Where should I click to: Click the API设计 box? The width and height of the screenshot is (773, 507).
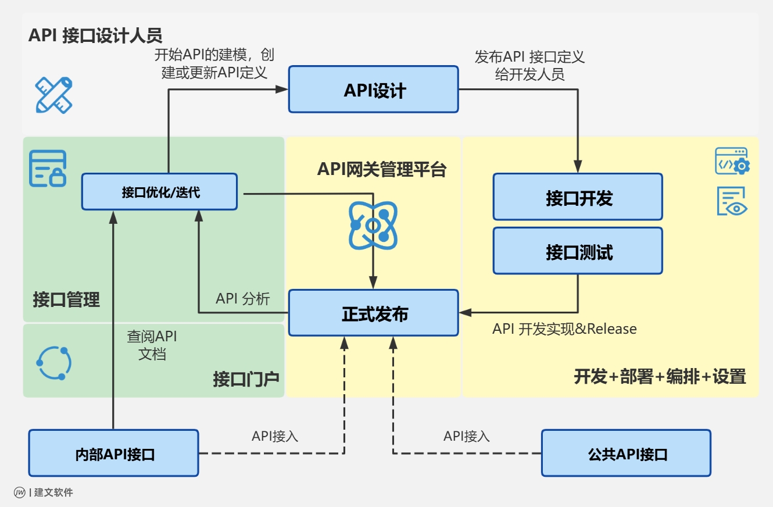pyautogui.click(x=374, y=90)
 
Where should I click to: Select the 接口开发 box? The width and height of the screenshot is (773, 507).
pyautogui.click(x=578, y=197)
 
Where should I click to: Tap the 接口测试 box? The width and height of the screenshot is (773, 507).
pyautogui.click(x=578, y=251)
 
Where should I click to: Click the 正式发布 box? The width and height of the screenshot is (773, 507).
pyautogui.click(x=374, y=313)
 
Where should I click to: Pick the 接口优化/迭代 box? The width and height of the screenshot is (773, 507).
pyautogui.click(x=159, y=191)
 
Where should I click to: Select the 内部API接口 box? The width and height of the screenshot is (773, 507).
pyautogui.click(x=114, y=454)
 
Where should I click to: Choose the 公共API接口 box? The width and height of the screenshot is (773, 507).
pyautogui.click(x=626, y=454)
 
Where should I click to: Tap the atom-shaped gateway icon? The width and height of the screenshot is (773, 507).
pyautogui.click(x=373, y=226)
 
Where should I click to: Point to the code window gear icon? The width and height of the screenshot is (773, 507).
pyautogui.click(x=732, y=161)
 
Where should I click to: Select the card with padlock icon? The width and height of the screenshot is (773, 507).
pyautogui.click(x=48, y=169)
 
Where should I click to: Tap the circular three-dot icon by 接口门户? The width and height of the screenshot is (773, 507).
pyautogui.click(x=54, y=363)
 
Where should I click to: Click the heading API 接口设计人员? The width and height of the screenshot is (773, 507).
pyautogui.click(x=95, y=35)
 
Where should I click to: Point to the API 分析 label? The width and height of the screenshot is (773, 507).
pyautogui.click(x=243, y=299)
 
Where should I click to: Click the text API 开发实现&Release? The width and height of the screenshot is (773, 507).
pyautogui.click(x=564, y=329)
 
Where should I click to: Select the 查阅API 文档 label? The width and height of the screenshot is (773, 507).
pyautogui.click(x=152, y=345)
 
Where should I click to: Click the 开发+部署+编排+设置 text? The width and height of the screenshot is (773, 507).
pyautogui.click(x=660, y=377)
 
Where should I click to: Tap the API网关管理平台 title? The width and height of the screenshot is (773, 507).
pyautogui.click(x=381, y=169)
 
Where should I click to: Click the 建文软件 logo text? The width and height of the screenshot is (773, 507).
pyautogui.click(x=53, y=492)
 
